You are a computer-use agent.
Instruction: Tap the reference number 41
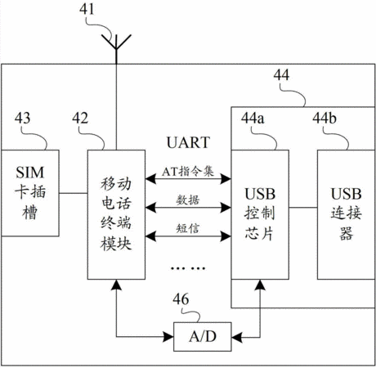coord(87,9)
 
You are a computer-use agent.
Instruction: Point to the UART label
coord(188,142)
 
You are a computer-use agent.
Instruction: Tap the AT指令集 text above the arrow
coord(188,172)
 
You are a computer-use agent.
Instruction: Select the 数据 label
coord(188,200)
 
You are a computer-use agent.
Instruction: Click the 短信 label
coord(188,228)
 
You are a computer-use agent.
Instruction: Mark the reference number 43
coord(22,118)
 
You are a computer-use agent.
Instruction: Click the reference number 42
coord(80,118)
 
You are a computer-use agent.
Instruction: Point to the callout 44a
coord(253,118)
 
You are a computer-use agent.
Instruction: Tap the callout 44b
coord(325,118)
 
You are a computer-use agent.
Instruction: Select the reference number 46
coord(181,299)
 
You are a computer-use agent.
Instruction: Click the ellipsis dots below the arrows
coord(188,268)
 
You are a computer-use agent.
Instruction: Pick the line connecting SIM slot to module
coord(74,193)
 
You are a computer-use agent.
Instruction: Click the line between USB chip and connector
coord(303,208)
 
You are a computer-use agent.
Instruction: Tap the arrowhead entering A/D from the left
coord(168,337)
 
